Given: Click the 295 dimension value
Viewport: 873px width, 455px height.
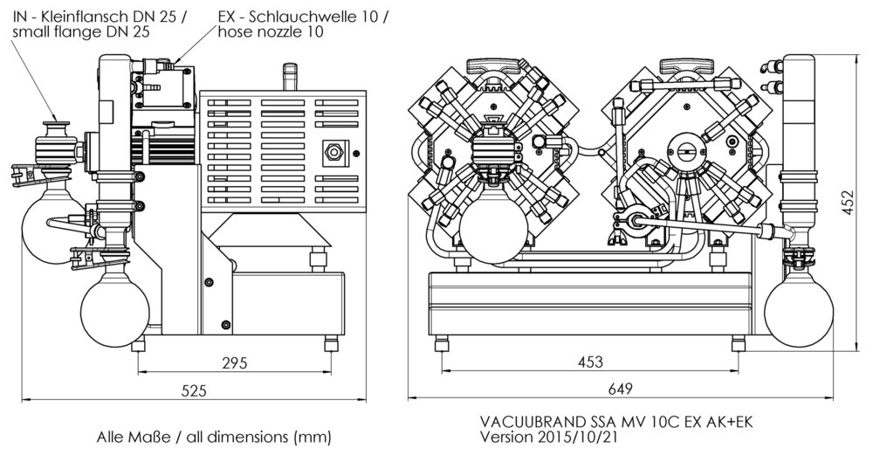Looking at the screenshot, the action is coord(234,362).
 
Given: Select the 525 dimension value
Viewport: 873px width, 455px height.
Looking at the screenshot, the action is coord(194,390).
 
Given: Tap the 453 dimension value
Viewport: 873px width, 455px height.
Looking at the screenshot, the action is coord(590,362).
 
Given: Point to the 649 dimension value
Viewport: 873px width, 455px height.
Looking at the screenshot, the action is coord(621,390).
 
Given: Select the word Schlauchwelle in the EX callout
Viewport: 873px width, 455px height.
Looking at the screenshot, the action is coord(308,17).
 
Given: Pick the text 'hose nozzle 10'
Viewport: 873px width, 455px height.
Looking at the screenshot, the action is coord(271,31).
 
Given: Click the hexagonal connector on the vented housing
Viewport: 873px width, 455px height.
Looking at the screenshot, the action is coord(333,151).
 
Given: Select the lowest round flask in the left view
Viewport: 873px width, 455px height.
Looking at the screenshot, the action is coord(114,308).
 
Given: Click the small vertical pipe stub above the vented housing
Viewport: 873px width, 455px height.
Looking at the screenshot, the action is coord(290,77).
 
